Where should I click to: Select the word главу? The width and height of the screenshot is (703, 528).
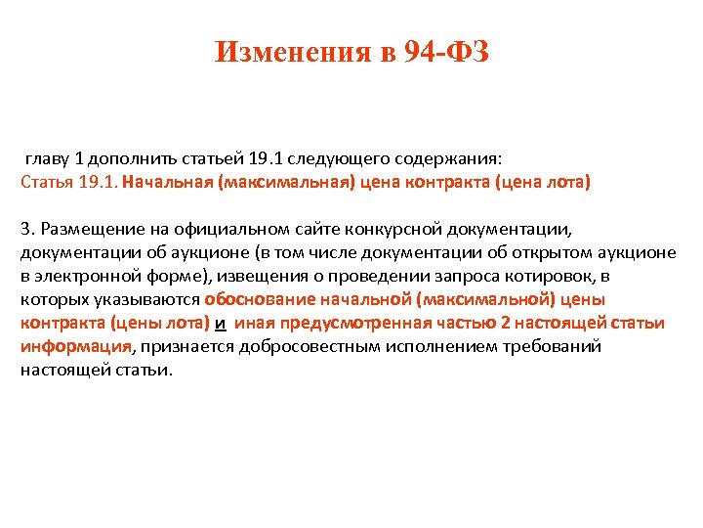click(x=48, y=158)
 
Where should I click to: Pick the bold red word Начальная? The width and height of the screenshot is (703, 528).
click(x=174, y=182)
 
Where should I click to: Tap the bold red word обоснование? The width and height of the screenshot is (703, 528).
click(x=258, y=299)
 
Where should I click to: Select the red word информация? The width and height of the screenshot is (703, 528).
click(x=75, y=346)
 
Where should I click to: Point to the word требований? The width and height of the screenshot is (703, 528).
click(x=554, y=346)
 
